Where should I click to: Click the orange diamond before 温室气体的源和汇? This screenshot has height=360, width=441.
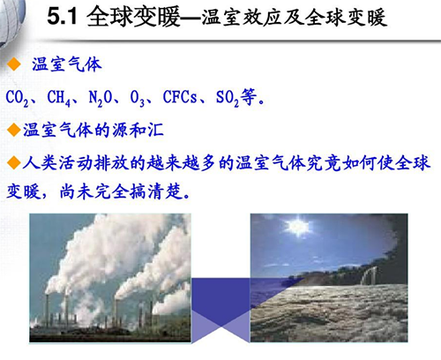pyautogui.click(x=12, y=130)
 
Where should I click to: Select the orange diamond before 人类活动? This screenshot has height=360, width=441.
pyautogui.click(x=12, y=162)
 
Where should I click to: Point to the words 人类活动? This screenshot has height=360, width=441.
pyautogui.click(x=53, y=162)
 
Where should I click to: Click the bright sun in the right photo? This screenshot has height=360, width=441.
pyautogui.click(x=299, y=227)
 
